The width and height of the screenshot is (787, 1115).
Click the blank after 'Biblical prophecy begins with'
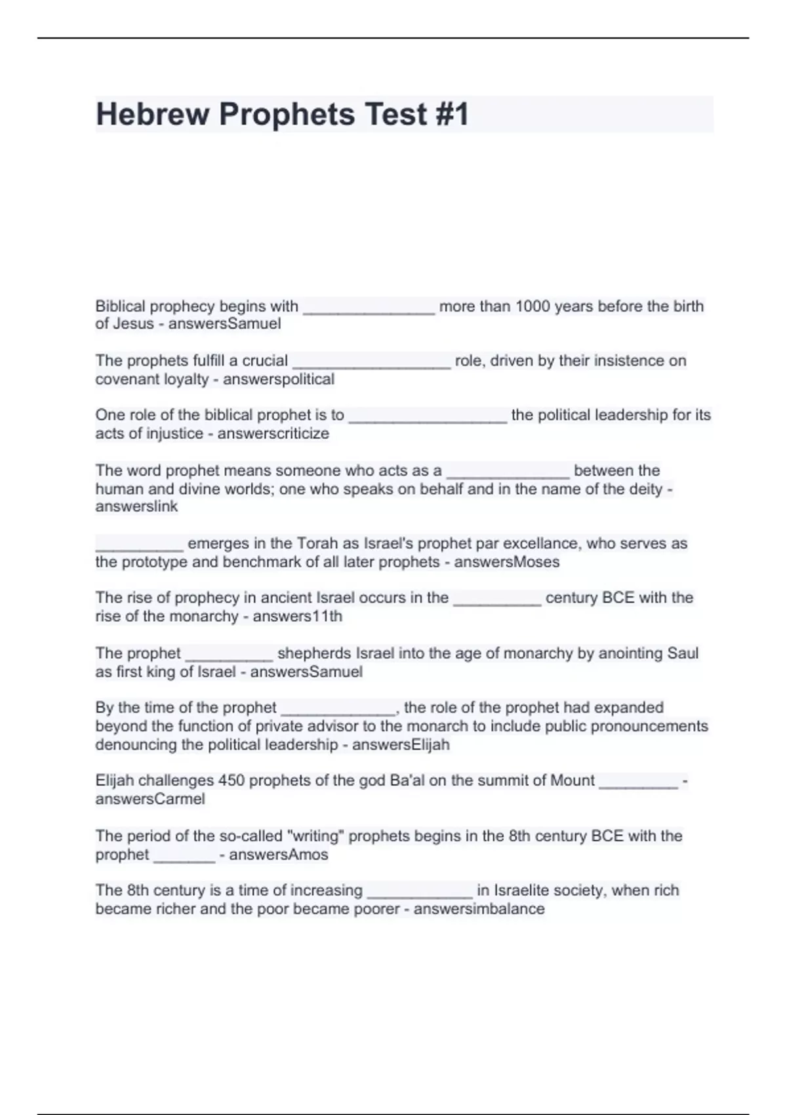pos(369,308)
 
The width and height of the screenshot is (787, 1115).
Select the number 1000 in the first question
pos(533,306)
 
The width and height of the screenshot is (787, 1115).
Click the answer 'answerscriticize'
pos(273,434)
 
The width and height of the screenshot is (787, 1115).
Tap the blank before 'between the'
pos(507,472)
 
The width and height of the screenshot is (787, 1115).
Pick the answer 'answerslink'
pos(136,506)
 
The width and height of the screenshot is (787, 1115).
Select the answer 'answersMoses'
pos(507,562)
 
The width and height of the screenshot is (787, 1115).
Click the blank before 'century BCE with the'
pos(497,599)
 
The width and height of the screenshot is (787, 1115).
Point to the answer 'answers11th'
pos(298,617)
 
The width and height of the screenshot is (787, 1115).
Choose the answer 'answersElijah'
pos(401,744)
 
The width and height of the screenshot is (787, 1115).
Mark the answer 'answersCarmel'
pos(150,799)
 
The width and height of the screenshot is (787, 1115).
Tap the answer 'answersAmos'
pos(279,855)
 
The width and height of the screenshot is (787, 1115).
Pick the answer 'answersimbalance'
pos(479,909)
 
